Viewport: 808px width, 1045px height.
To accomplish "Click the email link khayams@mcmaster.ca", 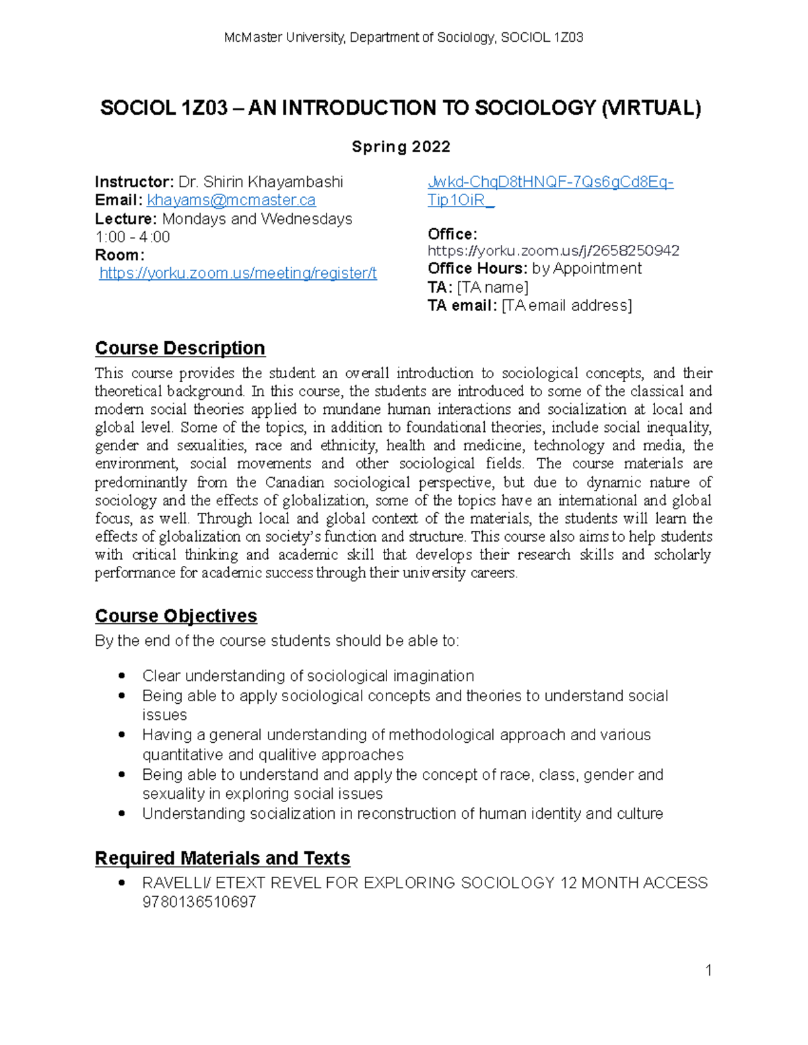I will [x=231, y=201].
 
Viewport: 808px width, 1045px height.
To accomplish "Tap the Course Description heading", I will [x=180, y=348].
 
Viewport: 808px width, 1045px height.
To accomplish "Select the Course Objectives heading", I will [x=176, y=616].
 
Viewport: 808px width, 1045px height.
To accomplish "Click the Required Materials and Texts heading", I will [x=222, y=858].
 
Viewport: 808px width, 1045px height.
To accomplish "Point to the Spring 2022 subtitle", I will [x=401, y=147].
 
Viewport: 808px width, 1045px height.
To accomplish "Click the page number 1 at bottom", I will [x=708, y=970].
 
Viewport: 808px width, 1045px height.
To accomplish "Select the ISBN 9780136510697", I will [x=199, y=902].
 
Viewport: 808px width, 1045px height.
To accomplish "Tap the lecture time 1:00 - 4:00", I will [x=133, y=237].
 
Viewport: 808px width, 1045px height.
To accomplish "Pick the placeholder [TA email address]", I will [x=567, y=305].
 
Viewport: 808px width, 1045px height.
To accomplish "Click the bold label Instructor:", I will [x=134, y=182].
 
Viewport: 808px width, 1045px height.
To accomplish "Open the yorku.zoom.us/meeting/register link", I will [x=238, y=273].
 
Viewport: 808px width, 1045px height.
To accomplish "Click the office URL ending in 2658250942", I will [x=553, y=251].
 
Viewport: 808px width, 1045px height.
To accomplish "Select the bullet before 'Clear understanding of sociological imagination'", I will [x=122, y=676].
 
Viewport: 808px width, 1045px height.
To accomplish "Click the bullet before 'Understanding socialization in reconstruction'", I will [x=122, y=814].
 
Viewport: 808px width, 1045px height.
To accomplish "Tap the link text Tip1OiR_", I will [x=461, y=201].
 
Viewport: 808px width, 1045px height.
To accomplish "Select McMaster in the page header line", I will [x=252, y=38].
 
